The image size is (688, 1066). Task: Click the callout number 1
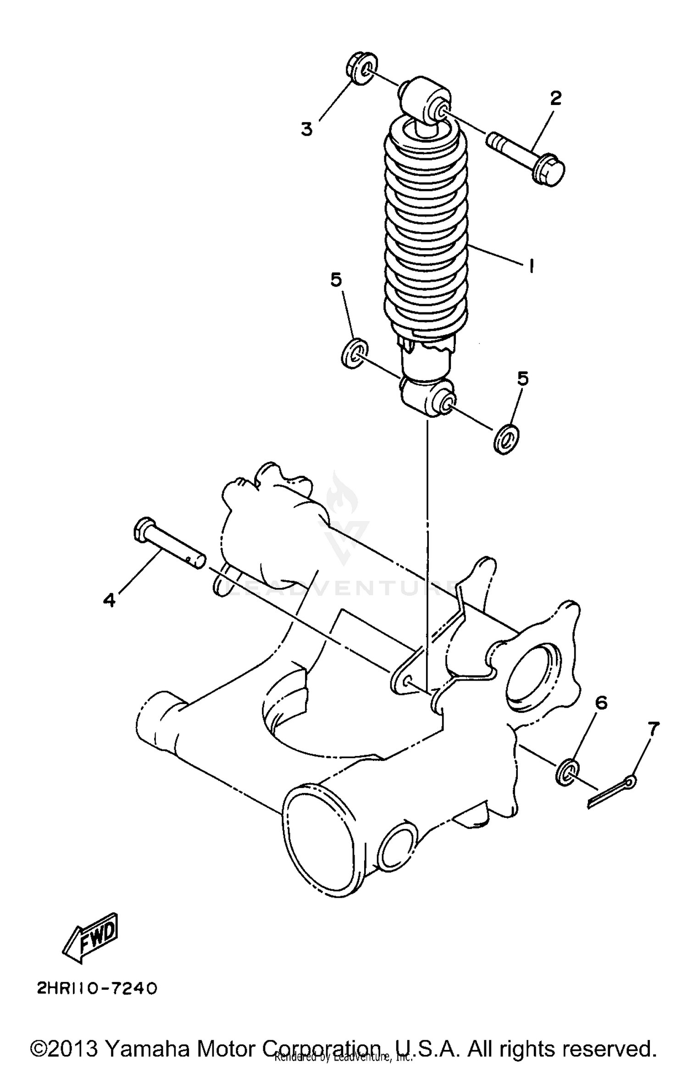(x=531, y=266)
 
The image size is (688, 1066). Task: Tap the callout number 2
(x=555, y=98)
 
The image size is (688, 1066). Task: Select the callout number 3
(x=306, y=129)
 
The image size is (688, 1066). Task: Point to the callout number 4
(x=109, y=599)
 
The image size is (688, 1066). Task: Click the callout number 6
(x=601, y=702)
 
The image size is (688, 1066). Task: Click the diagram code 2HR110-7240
(x=97, y=988)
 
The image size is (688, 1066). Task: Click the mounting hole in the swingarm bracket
(x=405, y=683)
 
